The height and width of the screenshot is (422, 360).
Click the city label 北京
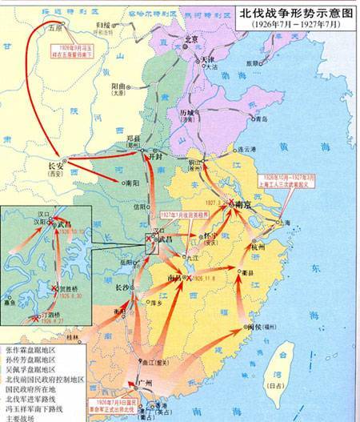pos(190,39)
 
